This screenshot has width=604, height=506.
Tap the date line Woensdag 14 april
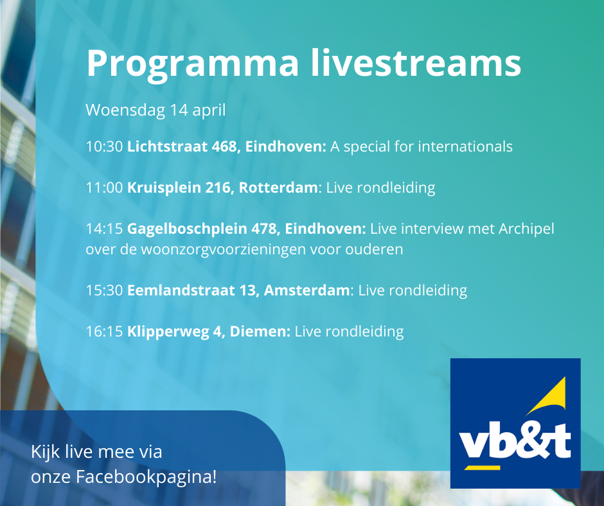point(155,110)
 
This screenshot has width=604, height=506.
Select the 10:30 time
point(104,146)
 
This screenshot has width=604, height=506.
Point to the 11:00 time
point(104,188)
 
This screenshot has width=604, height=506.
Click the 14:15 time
point(104,229)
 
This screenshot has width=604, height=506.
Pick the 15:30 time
point(104,290)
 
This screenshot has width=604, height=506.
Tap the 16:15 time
point(104,331)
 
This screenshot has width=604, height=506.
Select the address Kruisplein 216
point(181,188)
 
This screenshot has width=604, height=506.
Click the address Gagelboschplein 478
point(204,229)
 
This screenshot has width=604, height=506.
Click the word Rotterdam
point(278,188)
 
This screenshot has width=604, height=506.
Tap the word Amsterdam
point(307,290)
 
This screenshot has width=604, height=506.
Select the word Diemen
point(258,331)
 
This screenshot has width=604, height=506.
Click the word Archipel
point(526,229)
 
